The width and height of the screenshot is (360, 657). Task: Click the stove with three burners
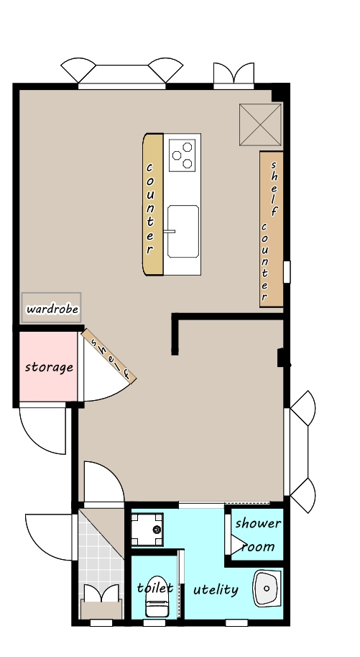182,155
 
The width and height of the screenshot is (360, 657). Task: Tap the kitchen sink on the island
183,231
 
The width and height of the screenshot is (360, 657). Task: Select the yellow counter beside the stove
153,204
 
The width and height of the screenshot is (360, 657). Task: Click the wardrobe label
52,309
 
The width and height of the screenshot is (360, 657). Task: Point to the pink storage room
49,366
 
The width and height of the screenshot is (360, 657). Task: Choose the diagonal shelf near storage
109,355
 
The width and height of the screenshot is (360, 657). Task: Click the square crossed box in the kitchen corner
260,124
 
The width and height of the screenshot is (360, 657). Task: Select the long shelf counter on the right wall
271,229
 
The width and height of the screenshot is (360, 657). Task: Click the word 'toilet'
155,587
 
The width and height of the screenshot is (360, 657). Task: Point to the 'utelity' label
216,589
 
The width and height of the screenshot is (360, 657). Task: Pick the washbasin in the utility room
267,588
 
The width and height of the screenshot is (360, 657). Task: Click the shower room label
258,535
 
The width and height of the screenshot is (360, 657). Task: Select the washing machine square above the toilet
147,530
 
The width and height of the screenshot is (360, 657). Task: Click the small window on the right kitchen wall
287,272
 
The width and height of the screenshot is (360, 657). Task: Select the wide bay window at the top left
122,75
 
